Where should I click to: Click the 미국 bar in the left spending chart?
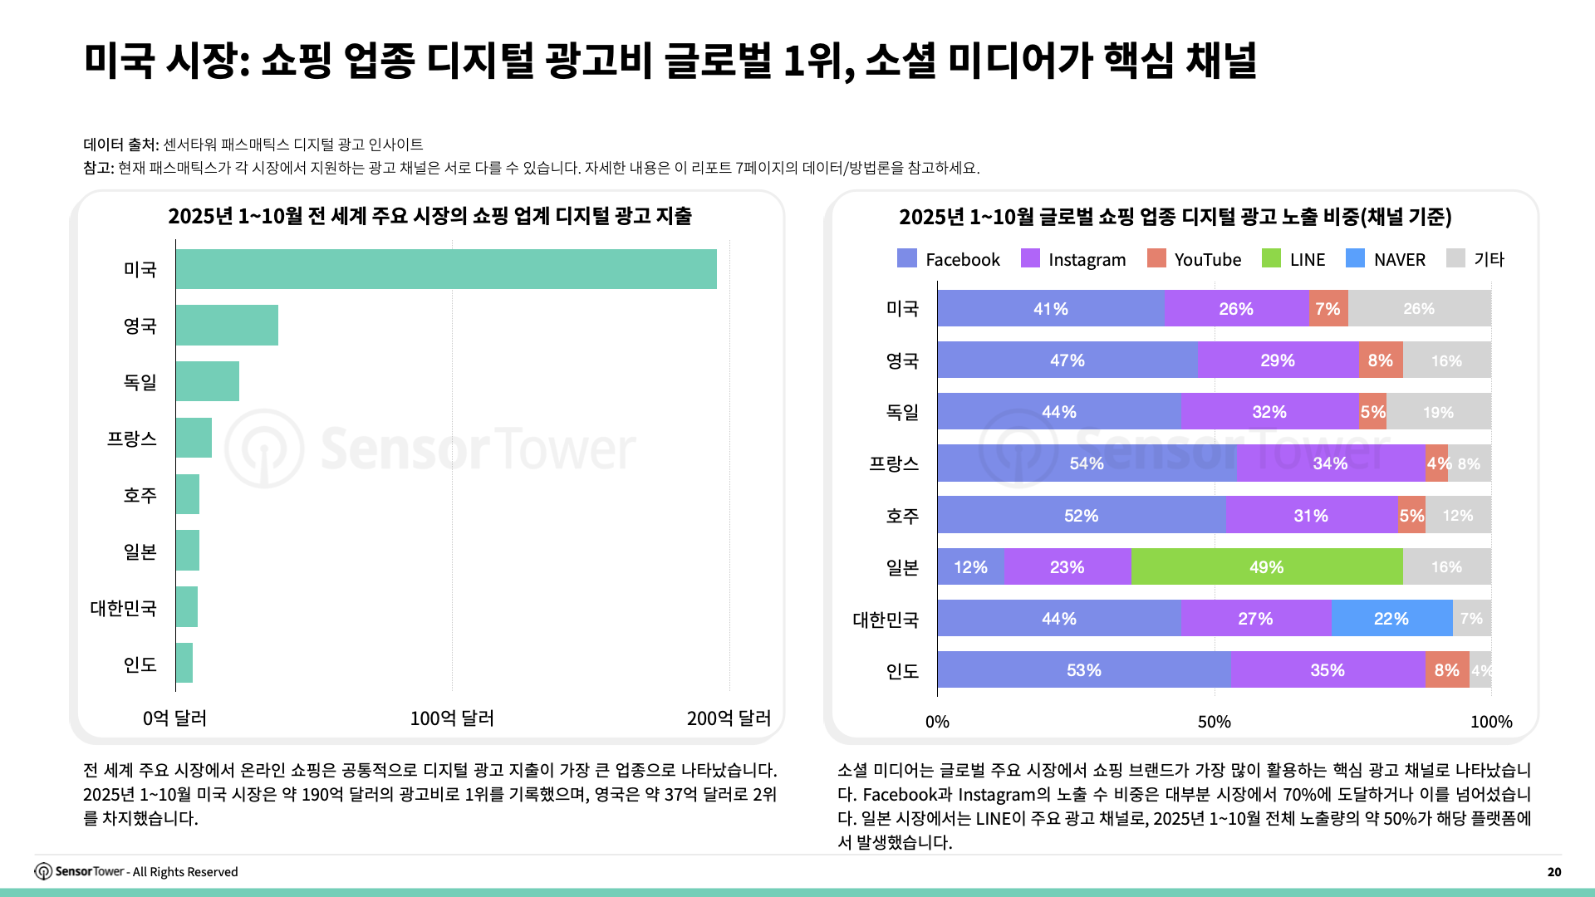click(x=446, y=269)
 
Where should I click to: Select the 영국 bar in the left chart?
click(x=227, y=326)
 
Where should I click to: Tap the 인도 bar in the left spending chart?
click(x=184, y=664)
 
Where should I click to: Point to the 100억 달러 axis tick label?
click(x=452, y=718)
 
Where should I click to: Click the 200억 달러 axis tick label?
click(x=729, y=718)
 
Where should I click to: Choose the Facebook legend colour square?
click(x=907, y=258)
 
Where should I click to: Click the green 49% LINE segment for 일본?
click(x=1267, y=567)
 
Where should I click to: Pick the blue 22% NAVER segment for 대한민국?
click(x=1391, y=619)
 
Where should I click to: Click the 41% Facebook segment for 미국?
click(x=1051, y=309)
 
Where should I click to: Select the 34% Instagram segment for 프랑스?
click(x=1330, y=463)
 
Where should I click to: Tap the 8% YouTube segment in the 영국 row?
click(x=1381, y=360)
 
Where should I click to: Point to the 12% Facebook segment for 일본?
click(x=970, y=567)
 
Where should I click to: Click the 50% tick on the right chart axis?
click(x=1214, y=722)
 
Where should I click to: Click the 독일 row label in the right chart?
click(x=902, y=412)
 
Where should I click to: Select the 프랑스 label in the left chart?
click(x=131, y=439)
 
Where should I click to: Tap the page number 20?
click(x=1554, y=872)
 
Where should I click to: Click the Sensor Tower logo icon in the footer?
click(x=43, y=871)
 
